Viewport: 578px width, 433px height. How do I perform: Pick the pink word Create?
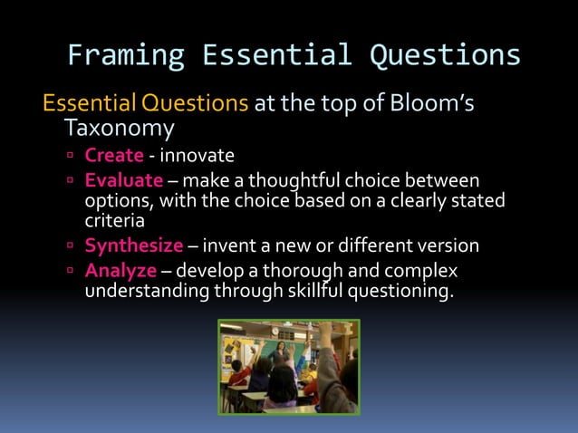coord(114,155)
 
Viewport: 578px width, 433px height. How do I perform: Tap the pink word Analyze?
coord(120,270)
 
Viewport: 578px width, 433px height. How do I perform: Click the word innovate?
coord(197,155)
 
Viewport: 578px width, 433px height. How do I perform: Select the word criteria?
coord(114,219)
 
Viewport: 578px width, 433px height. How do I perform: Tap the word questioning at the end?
coord(400,290)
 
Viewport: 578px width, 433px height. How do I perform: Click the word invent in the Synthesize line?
coord(231,245)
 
